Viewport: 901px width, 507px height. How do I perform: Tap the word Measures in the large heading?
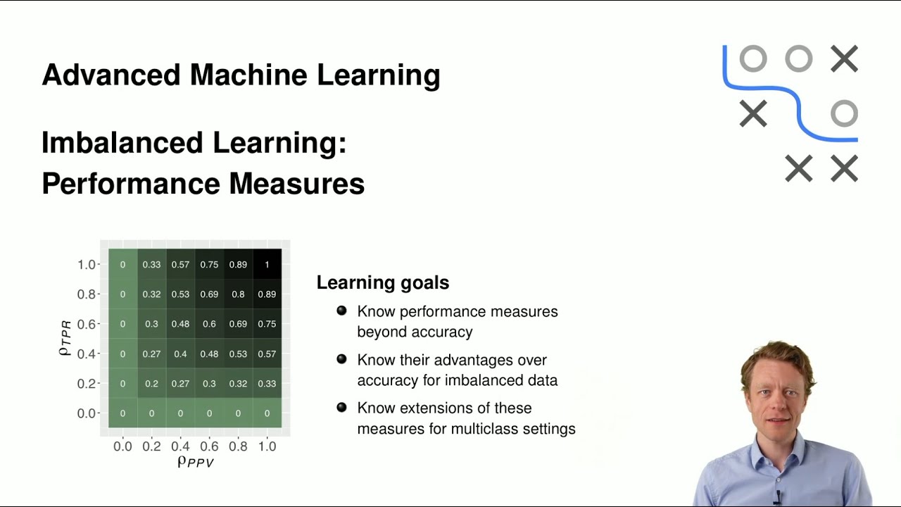pyautogui.click(x=296, y=184)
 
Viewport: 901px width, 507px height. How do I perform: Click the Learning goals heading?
pyautogui.click(x=382, y=283)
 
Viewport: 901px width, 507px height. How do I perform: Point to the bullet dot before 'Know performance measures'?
pyautogui.click(x=341, y=311)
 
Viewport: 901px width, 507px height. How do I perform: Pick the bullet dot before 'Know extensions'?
pyautogui.click(x=341, y=407)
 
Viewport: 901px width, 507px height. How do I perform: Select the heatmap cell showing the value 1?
pyautogui.click(x=267, y=265)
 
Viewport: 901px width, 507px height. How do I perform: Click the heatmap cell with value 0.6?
pyautogui.click(x=209, y=324)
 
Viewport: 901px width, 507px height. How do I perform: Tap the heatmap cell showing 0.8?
pyautogui.click(x=238, y=294)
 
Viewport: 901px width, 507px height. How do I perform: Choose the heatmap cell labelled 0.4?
pyautogui.click(x=180, y=353)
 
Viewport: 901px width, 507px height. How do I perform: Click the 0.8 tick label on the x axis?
pyautogui.click(x=238, y=446)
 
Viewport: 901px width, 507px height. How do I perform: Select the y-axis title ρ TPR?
pyautogui.click(x=65, y=339)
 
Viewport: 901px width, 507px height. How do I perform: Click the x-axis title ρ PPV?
pyautogui.click(x=195, y=462)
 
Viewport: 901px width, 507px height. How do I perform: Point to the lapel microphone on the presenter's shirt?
pyautogui.click(x=777, y=496)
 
